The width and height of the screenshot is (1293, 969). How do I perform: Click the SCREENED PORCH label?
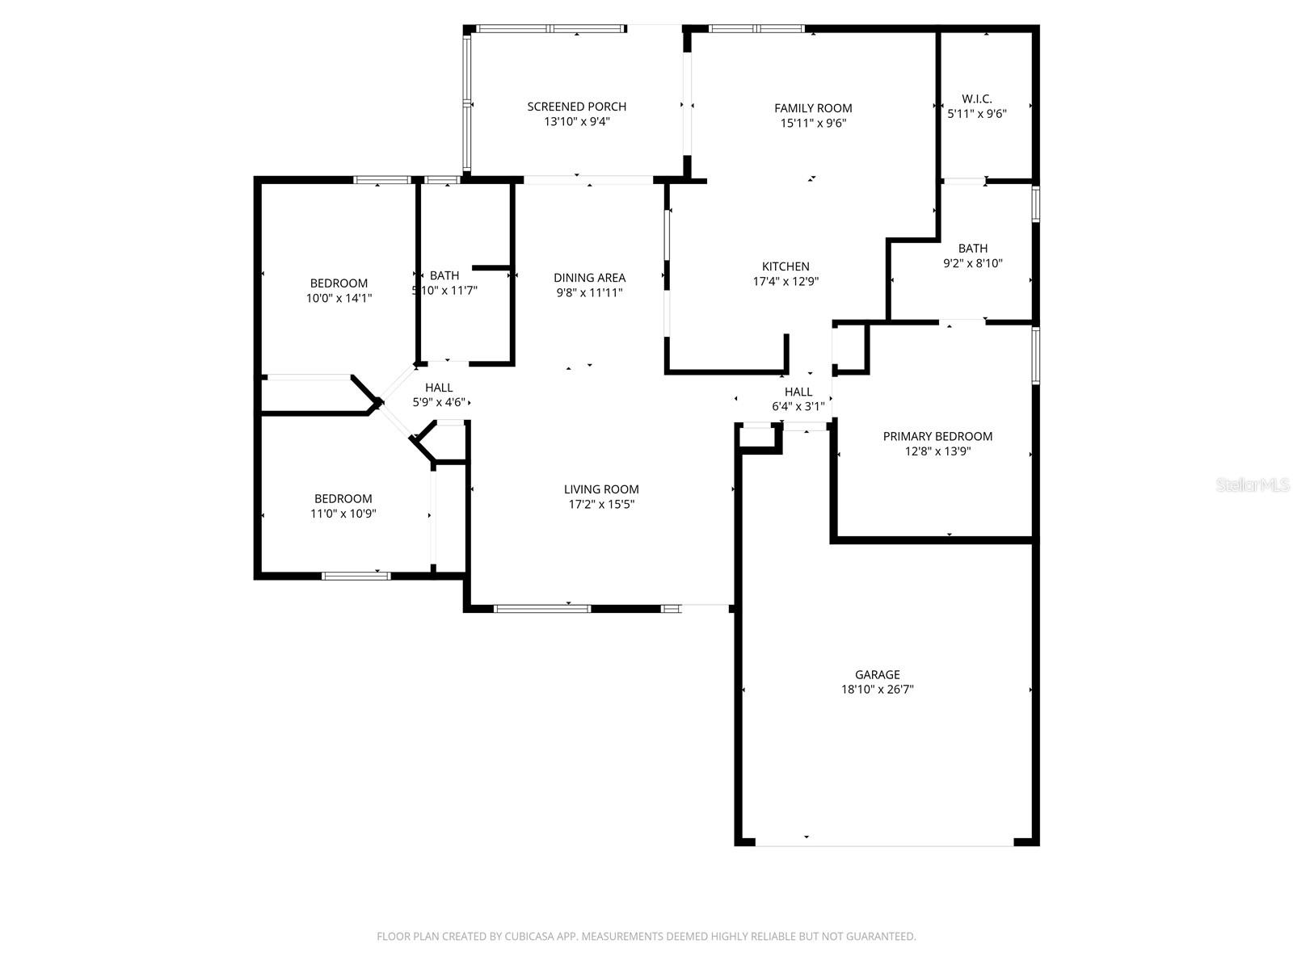pos(576,107)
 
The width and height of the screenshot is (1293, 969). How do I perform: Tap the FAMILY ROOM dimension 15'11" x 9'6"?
pos(813,124)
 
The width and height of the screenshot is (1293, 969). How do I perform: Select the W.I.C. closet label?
pos(976,99)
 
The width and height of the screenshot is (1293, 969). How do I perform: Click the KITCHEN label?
pos(785,266)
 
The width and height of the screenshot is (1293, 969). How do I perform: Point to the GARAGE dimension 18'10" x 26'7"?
pos(877,690)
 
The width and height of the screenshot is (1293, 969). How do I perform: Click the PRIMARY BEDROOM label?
pos(937,436)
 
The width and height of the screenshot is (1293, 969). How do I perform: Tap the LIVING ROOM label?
pos(601,489)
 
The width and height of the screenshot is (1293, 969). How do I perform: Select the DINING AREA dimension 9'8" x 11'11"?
pos(589,292)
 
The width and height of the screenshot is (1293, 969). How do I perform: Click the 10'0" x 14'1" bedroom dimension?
pos(339,298)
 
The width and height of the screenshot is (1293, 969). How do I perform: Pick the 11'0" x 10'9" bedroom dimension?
pos(343,514)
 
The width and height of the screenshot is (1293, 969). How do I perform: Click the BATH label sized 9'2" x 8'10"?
pos(973,249)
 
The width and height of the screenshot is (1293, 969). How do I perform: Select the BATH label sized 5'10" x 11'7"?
pos(444,276)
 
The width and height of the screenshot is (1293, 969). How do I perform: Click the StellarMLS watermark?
pos(1253,485)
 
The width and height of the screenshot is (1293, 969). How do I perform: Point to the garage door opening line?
pos(884,845)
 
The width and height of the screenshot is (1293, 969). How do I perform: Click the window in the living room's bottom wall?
pos(542,608)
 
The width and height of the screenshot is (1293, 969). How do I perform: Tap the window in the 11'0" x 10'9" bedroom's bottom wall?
pos(356,576)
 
